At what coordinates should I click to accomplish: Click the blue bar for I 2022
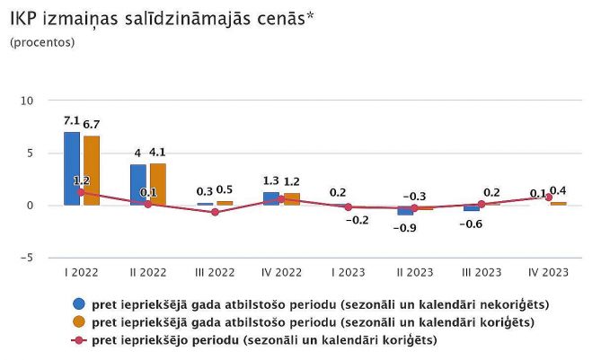[72, 169]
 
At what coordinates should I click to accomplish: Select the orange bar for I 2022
[92, 171]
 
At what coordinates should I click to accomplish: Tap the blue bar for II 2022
[138, 185]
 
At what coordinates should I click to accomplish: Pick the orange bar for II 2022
[158, 184]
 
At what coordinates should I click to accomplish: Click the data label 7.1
[72, 120]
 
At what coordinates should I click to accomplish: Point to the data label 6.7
[92, 124]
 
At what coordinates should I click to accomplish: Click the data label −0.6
[470, 224]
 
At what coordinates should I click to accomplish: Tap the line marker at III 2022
[215, 212]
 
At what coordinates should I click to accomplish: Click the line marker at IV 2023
[548, 198]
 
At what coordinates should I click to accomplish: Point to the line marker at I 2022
[82, 192]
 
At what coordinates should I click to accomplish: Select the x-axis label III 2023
[481, 271]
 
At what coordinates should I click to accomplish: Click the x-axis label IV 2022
[281, 271]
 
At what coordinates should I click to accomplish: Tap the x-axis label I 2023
[348, 271]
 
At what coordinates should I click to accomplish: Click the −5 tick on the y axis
[26, 258]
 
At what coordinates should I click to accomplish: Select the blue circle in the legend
[80, 303]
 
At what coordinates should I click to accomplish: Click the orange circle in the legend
[80, 321]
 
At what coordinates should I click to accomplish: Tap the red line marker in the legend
[80, 339]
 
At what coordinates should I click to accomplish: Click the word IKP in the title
[24, 19]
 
